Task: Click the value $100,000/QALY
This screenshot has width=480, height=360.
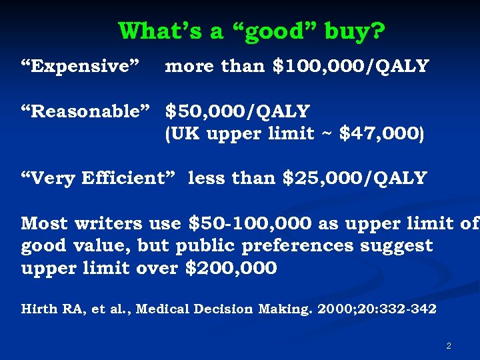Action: click(x=351, y=67)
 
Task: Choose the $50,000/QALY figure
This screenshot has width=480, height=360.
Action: click(x=237, y=111)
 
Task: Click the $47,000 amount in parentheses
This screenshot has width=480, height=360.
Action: click(x=378, y=134)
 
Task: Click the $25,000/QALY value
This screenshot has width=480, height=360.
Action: click(x=355, y=178)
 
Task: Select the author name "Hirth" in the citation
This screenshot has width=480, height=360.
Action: click(x=39, y=309)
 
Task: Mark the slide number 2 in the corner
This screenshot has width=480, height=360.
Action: click(x=449, y=346)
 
